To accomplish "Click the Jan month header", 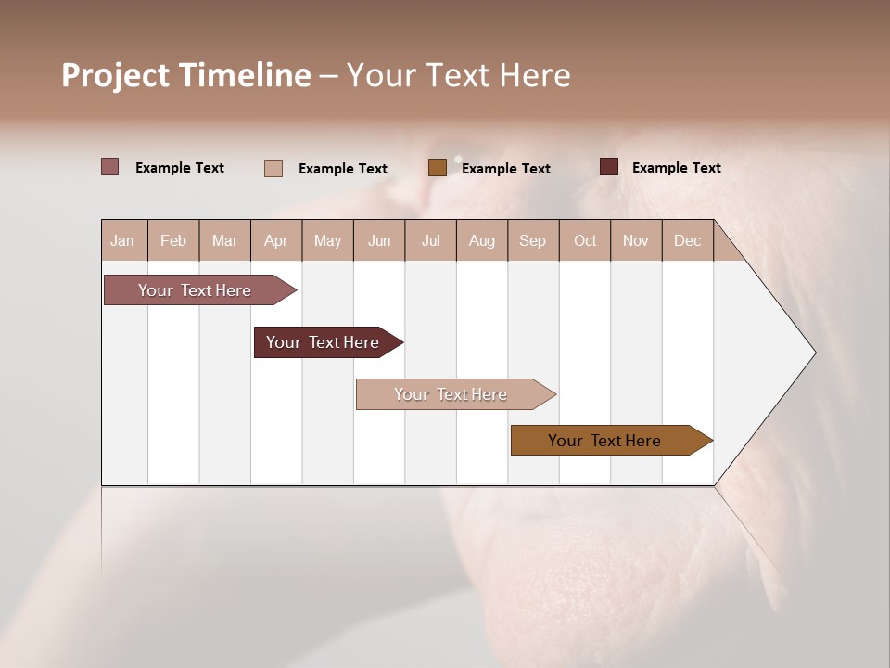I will tap(123, 240).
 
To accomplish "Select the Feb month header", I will tap(173, 240).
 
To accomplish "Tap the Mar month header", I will tap(224, 240).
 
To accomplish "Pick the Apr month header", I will tap(276, 240).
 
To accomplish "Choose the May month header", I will tap(327, 240).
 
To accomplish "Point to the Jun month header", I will tap(379, 240).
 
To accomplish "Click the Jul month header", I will tap(431, 240).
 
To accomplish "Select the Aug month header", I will tap(482, 240).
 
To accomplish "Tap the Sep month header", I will tap(533, 240).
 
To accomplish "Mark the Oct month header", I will tap(585, 240).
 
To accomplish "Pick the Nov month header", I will tap(636, 240).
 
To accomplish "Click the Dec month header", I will tap(688, 240).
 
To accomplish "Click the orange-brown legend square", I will tap(438, 167).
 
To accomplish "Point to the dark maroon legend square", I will tap(609, 167).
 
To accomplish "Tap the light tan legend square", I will tap(273, 168).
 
